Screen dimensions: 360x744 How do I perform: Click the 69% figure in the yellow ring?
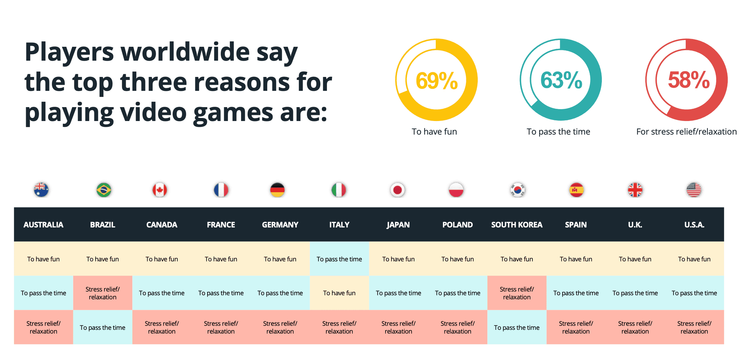point(436,80)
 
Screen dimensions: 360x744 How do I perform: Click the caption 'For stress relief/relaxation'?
point(686,132)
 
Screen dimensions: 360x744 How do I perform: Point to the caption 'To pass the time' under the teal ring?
point(558,132)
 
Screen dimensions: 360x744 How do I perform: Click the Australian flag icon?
point(41,189)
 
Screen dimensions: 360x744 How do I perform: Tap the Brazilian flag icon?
point(104,190)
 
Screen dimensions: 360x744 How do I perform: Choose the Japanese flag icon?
point(397,190)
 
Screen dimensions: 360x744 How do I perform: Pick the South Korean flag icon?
point(518,190)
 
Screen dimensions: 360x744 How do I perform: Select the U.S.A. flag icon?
point(694,190)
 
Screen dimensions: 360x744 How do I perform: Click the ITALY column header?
point(339,225)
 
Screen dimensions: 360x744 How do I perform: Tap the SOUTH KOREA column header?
point(517,225)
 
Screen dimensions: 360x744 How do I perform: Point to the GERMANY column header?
point(280,225)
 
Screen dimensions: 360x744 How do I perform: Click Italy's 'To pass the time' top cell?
point(339,259)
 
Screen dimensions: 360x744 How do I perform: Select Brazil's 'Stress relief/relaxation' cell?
point(102,293)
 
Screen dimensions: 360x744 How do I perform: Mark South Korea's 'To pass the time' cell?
point(516,327)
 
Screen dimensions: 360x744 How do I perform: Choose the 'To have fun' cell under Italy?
point(339,293)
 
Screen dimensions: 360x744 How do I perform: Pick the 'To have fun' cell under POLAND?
point(457,259)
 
